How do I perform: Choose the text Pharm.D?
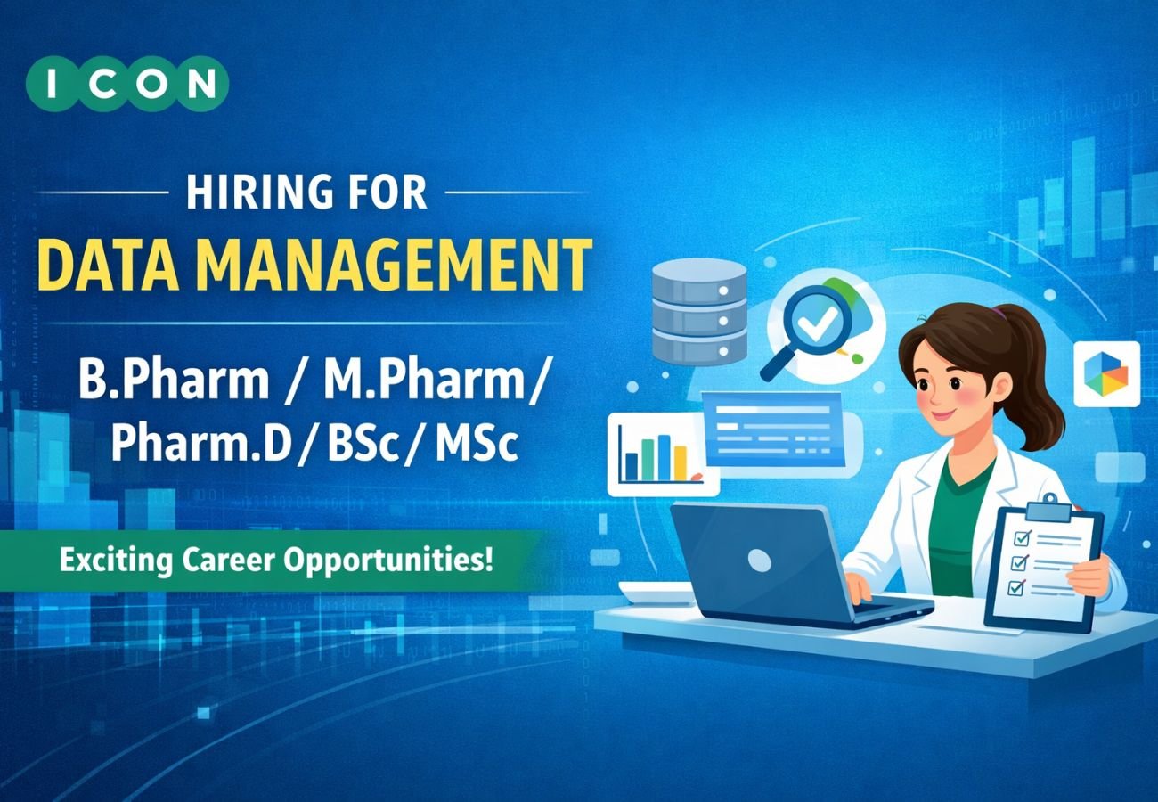tap(200, 443)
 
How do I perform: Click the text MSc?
tap(477, 443)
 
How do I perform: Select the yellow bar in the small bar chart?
tap(681, 462)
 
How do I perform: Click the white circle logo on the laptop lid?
tap(759, 560)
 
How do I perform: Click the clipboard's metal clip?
tap(1048, 509)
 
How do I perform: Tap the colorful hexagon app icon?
tap(1105, 373)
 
